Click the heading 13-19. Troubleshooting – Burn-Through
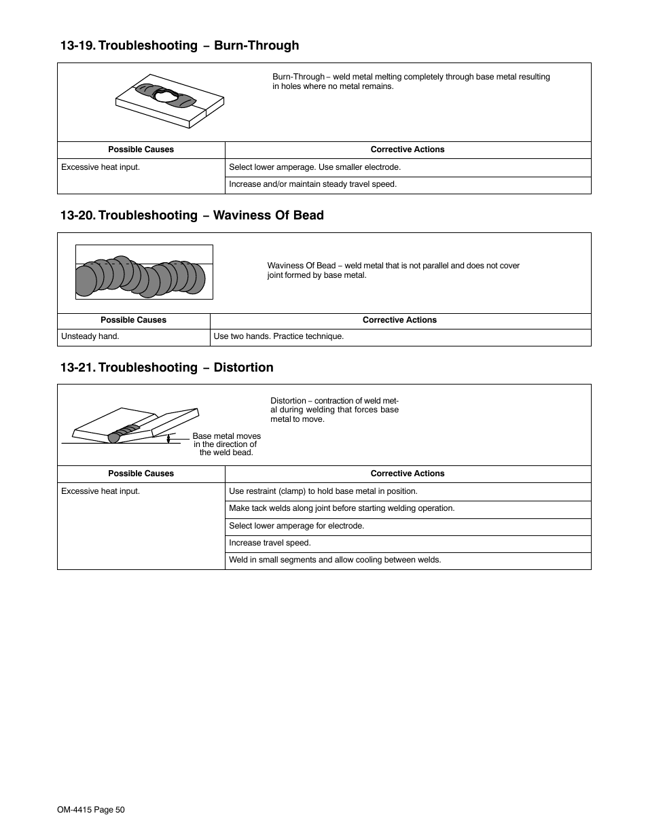tap(179, 46)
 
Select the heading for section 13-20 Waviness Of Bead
tap(192, 215)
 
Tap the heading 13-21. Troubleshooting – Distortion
tap(166, 368)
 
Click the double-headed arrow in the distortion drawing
tap(168, 439)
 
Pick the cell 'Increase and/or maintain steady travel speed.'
tap(312, 184)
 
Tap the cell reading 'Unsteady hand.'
tap(90, 336)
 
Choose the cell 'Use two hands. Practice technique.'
tap(278, 336)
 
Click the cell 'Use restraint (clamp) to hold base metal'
tap(323, 491)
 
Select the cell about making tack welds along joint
tap(342, 508)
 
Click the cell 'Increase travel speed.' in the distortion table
tap(270, 543)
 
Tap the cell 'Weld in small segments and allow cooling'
tap(335, 560)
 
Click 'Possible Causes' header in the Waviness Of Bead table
tap(133, 320)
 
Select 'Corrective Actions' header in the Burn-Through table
tap(407, 149)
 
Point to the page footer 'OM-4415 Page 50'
tap(91, 810)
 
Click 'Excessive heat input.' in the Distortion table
tap(101, 491)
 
